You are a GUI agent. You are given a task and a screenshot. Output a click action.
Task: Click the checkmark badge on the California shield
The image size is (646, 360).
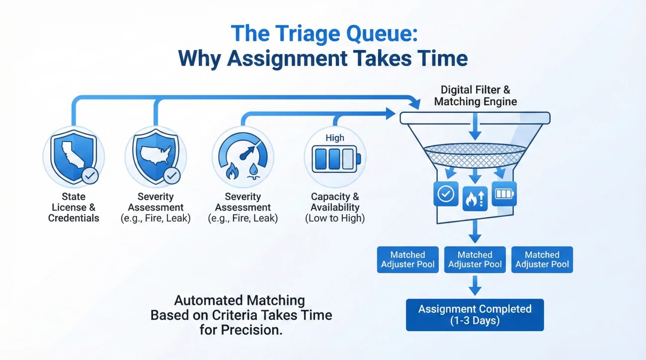coord(89,175)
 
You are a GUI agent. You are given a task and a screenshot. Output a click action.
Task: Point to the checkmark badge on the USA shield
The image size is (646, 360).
coord(172,175)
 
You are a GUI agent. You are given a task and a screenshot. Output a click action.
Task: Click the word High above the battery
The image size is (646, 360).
coord(334,138)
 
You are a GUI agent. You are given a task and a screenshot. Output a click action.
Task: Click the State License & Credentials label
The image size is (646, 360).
coord(74,207)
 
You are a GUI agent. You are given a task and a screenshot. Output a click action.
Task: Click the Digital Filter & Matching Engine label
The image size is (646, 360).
coord(475,96)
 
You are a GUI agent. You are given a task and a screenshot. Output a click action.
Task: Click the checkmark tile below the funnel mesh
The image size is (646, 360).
coord(446,194)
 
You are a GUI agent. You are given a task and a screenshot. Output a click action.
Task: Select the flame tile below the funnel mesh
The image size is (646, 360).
coord(475,198)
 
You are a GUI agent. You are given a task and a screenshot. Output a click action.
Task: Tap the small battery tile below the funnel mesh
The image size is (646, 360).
coord(504,194)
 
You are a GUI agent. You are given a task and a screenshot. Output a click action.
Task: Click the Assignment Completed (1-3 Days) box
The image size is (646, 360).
coord(475,315)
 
